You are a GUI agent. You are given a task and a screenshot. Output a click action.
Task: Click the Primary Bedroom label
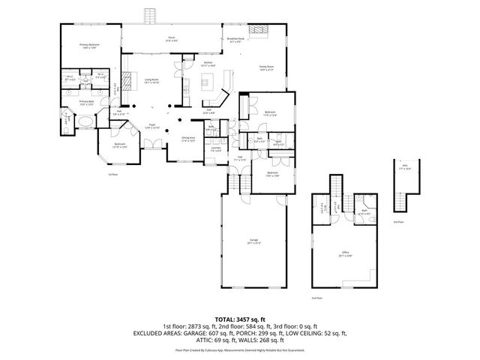[89, 46]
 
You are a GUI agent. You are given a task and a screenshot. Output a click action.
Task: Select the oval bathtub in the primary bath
[86, 120]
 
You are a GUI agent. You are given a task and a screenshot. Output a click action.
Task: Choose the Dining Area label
[187, 139]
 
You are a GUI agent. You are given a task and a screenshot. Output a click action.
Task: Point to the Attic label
[406, 168]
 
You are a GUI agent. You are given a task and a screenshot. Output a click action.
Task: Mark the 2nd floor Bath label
[364, 211]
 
